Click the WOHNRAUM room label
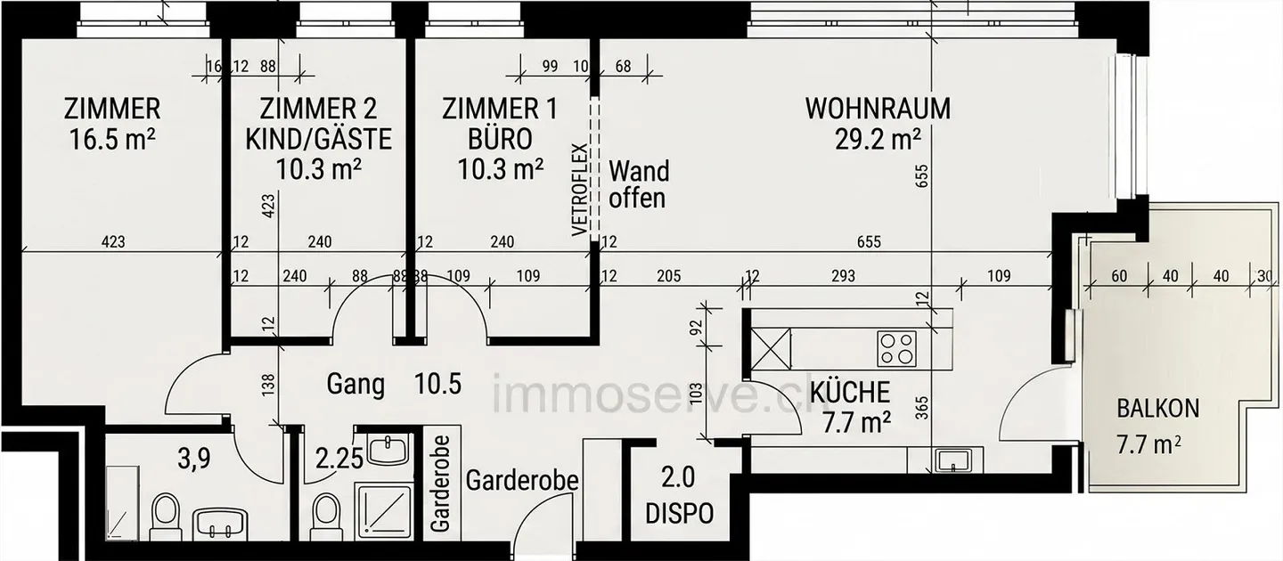tap(878, 109)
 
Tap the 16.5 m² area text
tap(112, 139)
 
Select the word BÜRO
tap(500, 139)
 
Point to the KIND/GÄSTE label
tap(318, 139)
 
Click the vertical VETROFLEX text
tap(580, 190)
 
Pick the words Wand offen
tap(638, 184)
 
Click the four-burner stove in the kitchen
tap(896, 349)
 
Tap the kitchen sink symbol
tap(952, 460)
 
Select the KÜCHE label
tap(850, 393)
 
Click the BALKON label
tap(1158, 409)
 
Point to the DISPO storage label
tap(679, 514)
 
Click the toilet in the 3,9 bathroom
tap(165, 516)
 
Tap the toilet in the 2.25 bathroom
tap(327, 516)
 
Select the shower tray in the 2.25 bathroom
tap(384, 511)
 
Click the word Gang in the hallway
tap(355, 384)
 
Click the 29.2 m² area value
tap(878, 139)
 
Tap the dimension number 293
tap(843, 276)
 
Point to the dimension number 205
tap(669, 276)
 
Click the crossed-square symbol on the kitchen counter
tap(771, 349)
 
